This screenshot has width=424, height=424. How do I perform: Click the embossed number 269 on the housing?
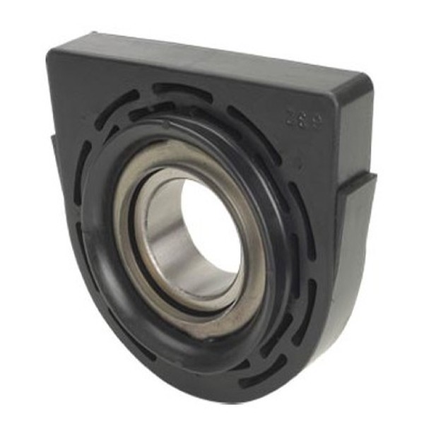click(305, 118)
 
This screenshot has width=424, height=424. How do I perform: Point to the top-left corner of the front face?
click(51, 51)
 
